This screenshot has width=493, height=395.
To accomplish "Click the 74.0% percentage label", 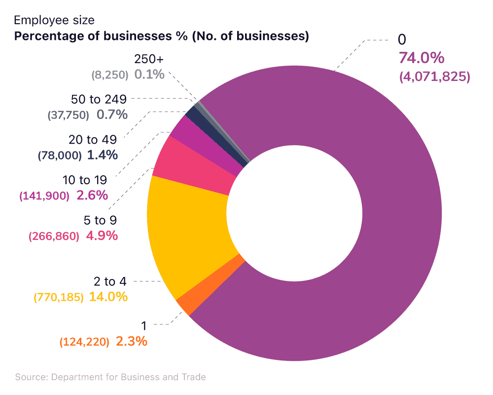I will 421,58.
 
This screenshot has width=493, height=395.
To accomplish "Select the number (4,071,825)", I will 434,77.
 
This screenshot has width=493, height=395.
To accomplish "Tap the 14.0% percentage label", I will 108,297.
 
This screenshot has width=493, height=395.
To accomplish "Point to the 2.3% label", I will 131,341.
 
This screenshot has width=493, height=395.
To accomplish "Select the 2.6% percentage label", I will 92,195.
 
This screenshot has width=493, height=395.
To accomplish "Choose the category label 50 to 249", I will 99,99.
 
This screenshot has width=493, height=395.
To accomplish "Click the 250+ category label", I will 148,59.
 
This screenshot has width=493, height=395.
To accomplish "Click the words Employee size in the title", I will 54,21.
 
